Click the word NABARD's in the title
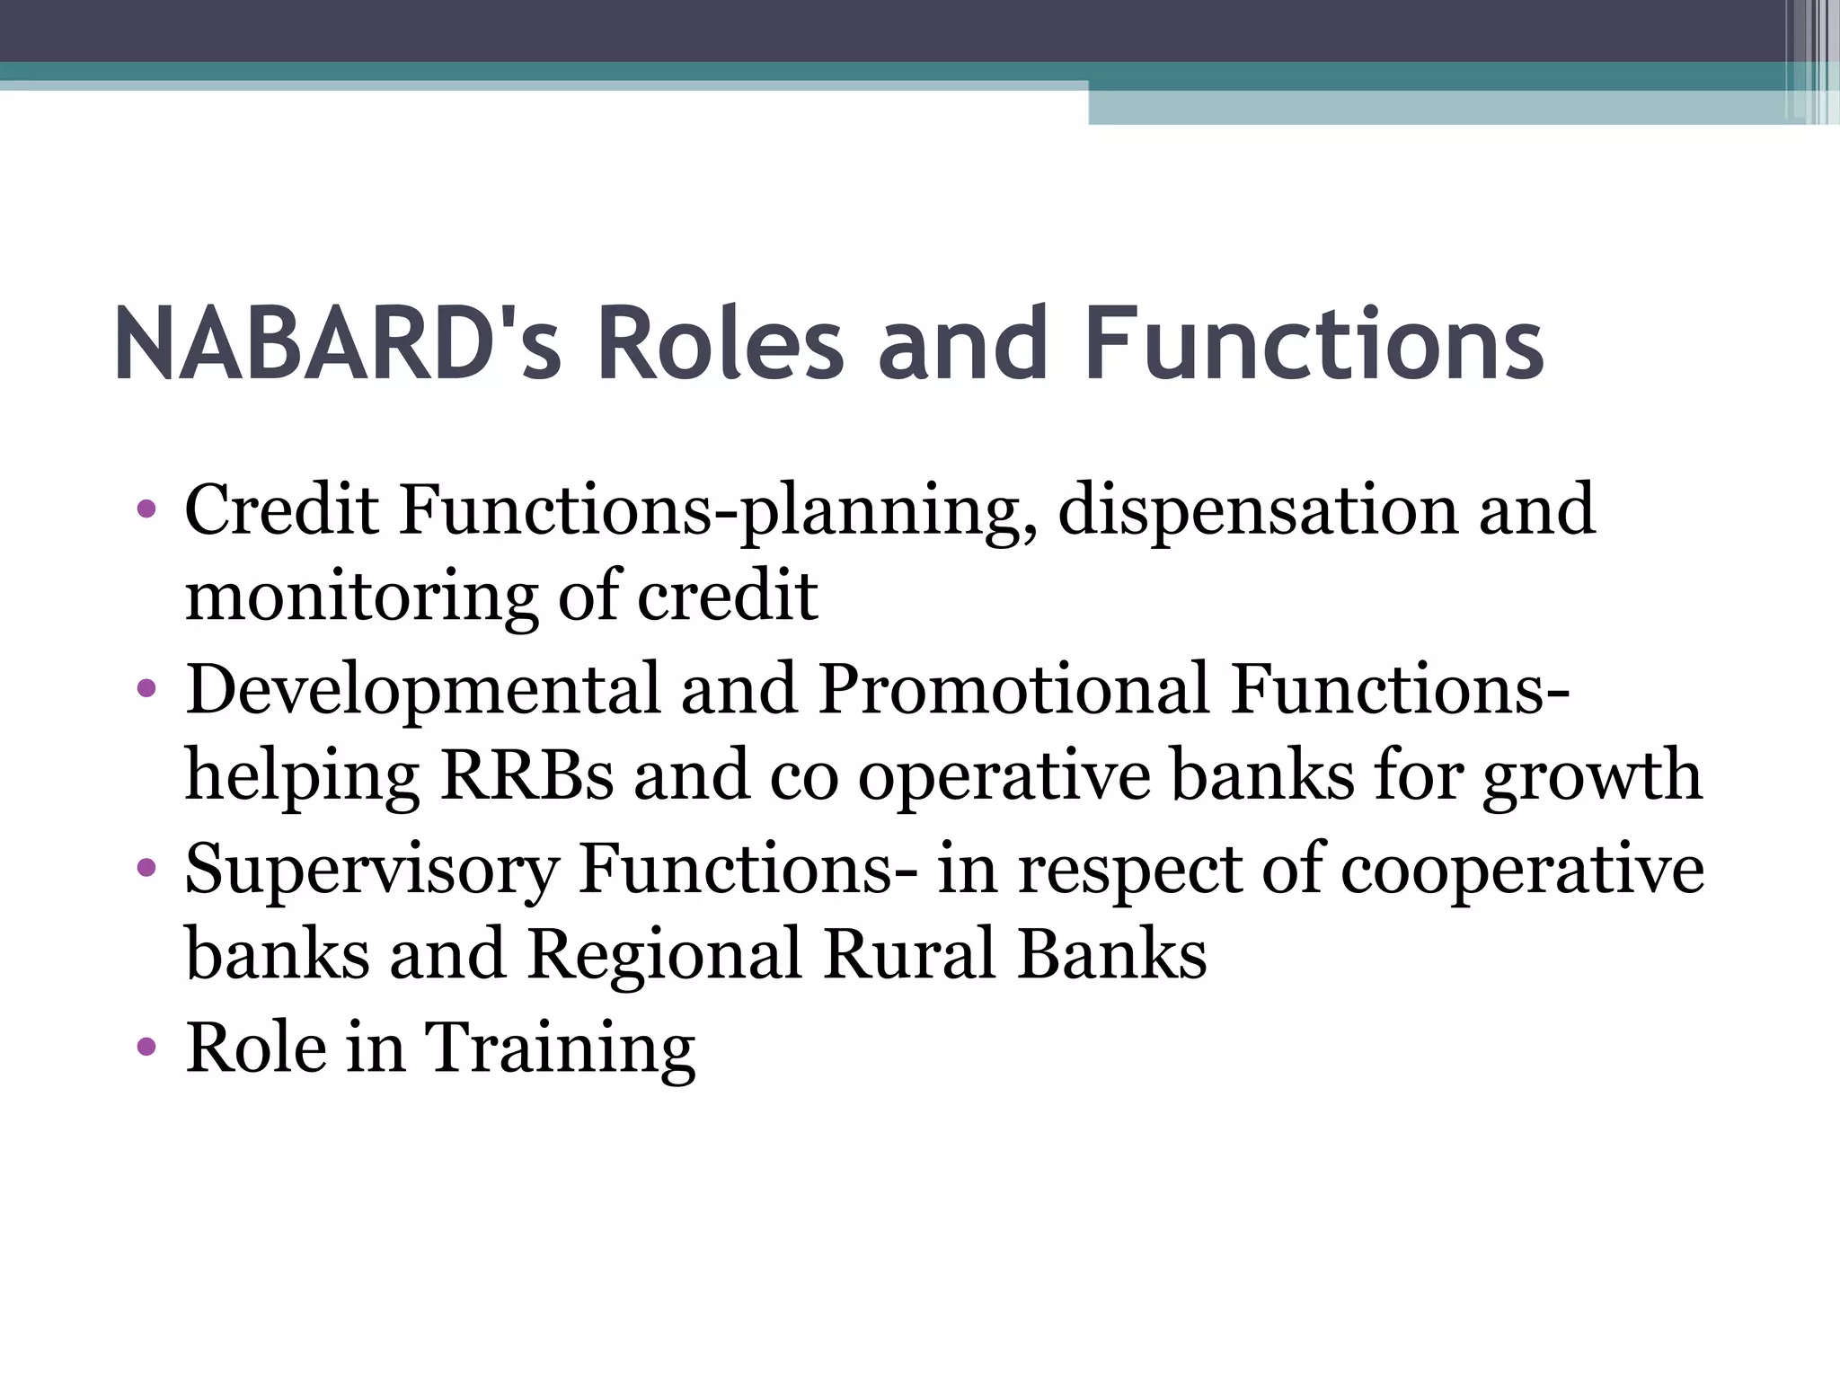[337, 344]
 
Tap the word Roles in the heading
[720, 344]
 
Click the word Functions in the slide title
[1314, 344]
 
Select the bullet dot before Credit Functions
[146, 511]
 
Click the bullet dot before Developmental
[146, 690]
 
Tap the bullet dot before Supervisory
[146, 869]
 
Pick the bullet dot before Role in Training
[146, 1048]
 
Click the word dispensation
[1258, 510]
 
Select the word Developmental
[423, 690]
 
